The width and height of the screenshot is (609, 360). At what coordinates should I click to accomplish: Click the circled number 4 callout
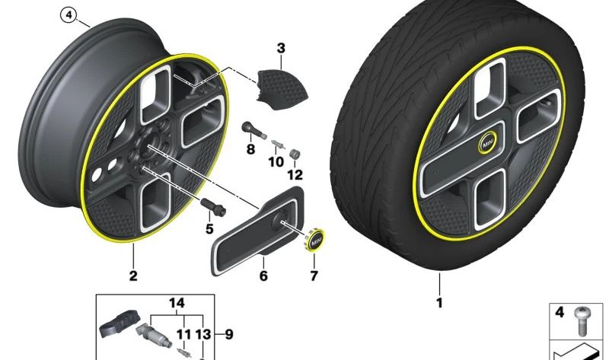tap(69, 15)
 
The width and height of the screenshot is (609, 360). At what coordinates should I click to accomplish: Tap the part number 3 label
tap(281, 48)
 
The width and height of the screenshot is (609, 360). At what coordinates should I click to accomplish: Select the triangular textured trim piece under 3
tap(282, 90)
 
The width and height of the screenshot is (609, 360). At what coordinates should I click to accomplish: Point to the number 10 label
tap(276, 161)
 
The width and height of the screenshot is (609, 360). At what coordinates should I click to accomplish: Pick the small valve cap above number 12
tap(295, 154)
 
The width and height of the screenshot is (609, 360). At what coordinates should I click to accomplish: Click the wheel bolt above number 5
tap(213, 206)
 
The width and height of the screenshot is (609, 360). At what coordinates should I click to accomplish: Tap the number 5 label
tap(209, 229)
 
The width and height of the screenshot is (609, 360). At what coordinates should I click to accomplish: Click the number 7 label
tap(314, 276)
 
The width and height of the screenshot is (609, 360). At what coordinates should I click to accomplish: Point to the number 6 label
tap(263, 276)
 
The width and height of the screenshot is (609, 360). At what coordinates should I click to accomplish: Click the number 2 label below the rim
tap(133, 276)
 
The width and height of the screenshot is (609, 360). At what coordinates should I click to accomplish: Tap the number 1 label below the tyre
tap(439, 302)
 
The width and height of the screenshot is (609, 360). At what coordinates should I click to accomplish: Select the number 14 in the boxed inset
tap(177, 303)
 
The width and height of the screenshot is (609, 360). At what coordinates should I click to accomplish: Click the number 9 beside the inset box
tap(229, 334)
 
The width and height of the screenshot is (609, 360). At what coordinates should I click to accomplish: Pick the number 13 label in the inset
tap(202, 334)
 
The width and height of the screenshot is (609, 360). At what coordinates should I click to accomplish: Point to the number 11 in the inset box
tap(183, 334)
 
